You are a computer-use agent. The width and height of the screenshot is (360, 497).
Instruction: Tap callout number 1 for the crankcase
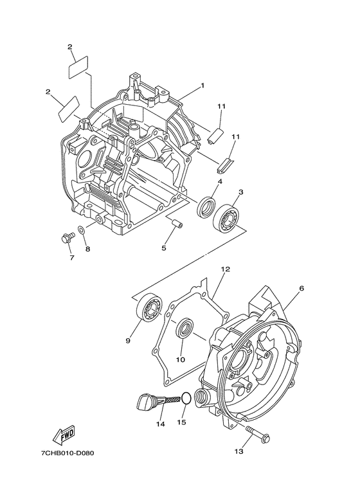[x=202, y=85]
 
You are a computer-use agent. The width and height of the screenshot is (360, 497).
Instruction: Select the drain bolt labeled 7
[x=65, y=239]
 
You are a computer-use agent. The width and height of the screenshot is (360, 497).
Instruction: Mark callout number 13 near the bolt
[x=239, y=452]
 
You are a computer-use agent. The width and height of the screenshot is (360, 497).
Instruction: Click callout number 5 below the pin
[x=163, y=248]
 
